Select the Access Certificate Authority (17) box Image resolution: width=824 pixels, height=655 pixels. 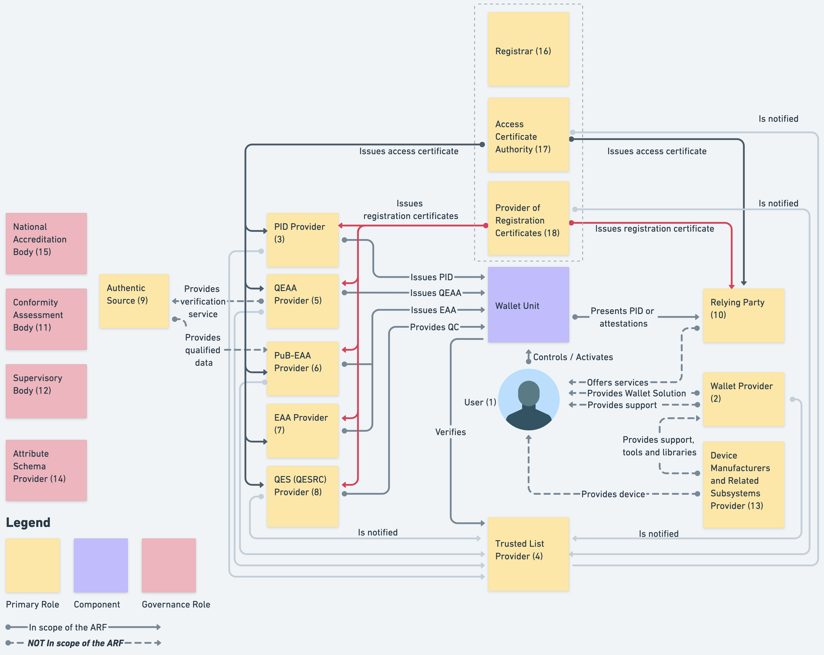tap(528, 135)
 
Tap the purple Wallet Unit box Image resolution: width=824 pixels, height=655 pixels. tap(528, 305)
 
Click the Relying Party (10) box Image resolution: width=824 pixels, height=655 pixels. tap(743, 315)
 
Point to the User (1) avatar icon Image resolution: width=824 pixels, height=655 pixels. tap(529, 399)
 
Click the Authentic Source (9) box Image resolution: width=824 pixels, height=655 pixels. tap(134, 301)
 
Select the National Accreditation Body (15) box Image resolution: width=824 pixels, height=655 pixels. tap(46, 243)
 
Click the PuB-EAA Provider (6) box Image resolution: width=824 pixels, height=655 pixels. tap(302, 368)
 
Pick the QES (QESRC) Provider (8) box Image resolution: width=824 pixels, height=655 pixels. tap(302, 496)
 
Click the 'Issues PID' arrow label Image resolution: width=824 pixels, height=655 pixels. tap(432, 277)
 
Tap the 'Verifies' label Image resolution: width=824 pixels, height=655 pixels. tap(450, 432)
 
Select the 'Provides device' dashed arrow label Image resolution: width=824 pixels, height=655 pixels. tap(613, 494)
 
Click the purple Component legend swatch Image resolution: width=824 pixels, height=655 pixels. tap(100, 565)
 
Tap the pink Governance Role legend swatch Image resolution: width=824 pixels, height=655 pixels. tap(169, 565)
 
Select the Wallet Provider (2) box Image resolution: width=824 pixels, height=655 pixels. tap(743, 399)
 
